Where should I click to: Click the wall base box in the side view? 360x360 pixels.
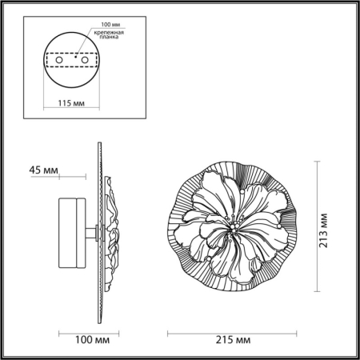pos(73,232)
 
